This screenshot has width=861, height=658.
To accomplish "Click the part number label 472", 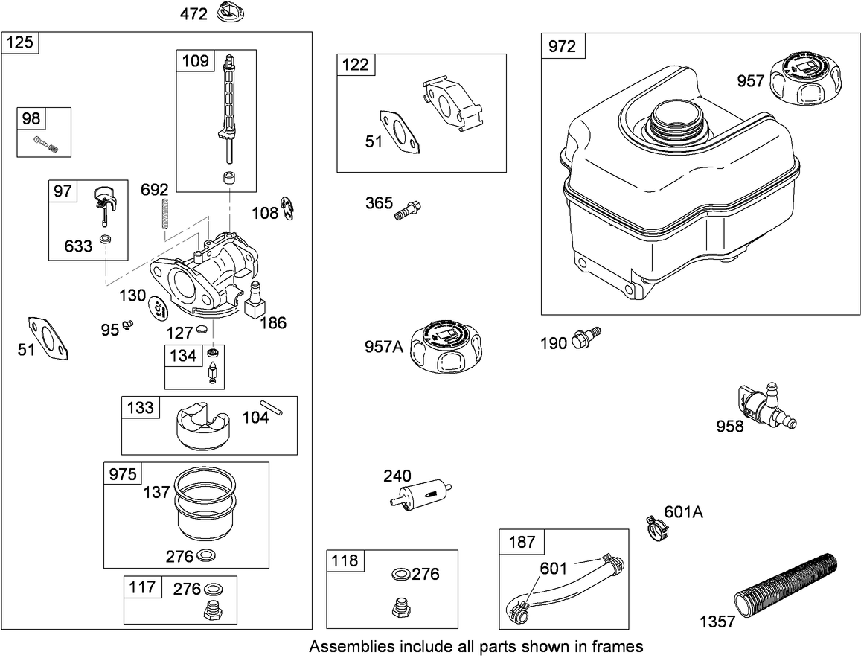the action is [193, 13].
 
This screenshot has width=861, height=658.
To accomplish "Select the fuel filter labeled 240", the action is [421, 492].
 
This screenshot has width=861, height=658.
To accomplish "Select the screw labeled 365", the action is [407, 211].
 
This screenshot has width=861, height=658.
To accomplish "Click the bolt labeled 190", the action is [586, 336].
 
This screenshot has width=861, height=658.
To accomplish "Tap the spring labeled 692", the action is [164, 214].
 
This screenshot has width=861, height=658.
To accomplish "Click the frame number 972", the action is [563, 46].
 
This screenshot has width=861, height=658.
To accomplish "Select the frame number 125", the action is [20, 42].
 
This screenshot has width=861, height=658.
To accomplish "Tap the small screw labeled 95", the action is [129, 325].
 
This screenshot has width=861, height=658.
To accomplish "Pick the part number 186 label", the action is [273, 322].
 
